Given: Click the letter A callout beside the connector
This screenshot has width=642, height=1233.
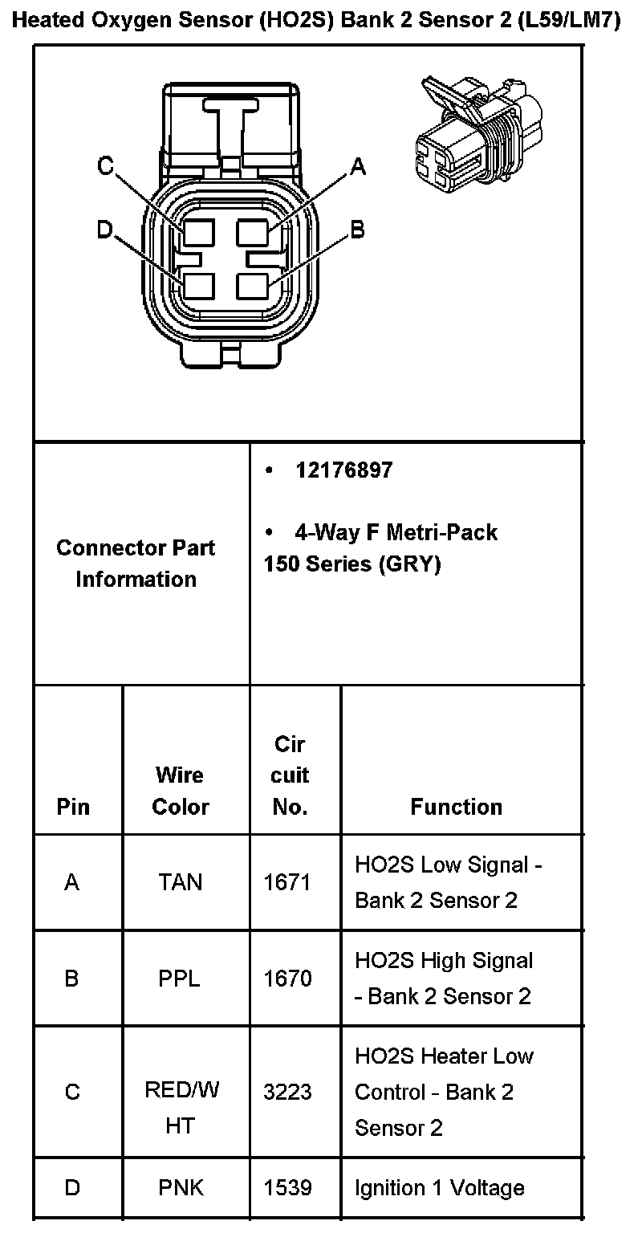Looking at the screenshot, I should click(x=358, y=166).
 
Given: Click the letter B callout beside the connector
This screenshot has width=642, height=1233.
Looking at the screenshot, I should click(x=358, y=230).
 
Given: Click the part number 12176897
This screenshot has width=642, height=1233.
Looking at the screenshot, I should click(x=343, y=470).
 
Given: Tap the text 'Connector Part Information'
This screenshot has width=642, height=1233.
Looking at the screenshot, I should click(x=136, y=564).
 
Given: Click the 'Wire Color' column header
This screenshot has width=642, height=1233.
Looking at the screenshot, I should click(x=180, y=791).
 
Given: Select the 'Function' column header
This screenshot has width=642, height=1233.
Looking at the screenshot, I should click(x=457, y=807).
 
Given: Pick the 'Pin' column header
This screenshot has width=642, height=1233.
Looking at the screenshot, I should click(x=73, y=807).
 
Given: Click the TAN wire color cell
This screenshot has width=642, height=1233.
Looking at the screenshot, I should click(x=180, y=882).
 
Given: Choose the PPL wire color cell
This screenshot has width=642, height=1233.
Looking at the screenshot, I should click(x=180, y=979).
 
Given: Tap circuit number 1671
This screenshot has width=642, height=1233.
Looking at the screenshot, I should click(x=288, y=882).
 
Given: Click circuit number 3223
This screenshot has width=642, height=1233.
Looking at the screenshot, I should click(x=288, y=1092).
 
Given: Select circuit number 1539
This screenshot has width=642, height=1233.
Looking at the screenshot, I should click(x=288, y=1188).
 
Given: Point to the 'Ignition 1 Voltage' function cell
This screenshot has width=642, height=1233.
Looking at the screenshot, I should click(x=440, y=1188).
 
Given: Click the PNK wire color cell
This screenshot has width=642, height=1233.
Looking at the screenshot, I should click(x=180, y=1188).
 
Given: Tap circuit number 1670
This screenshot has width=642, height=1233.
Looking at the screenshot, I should click(x=288, y=979).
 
